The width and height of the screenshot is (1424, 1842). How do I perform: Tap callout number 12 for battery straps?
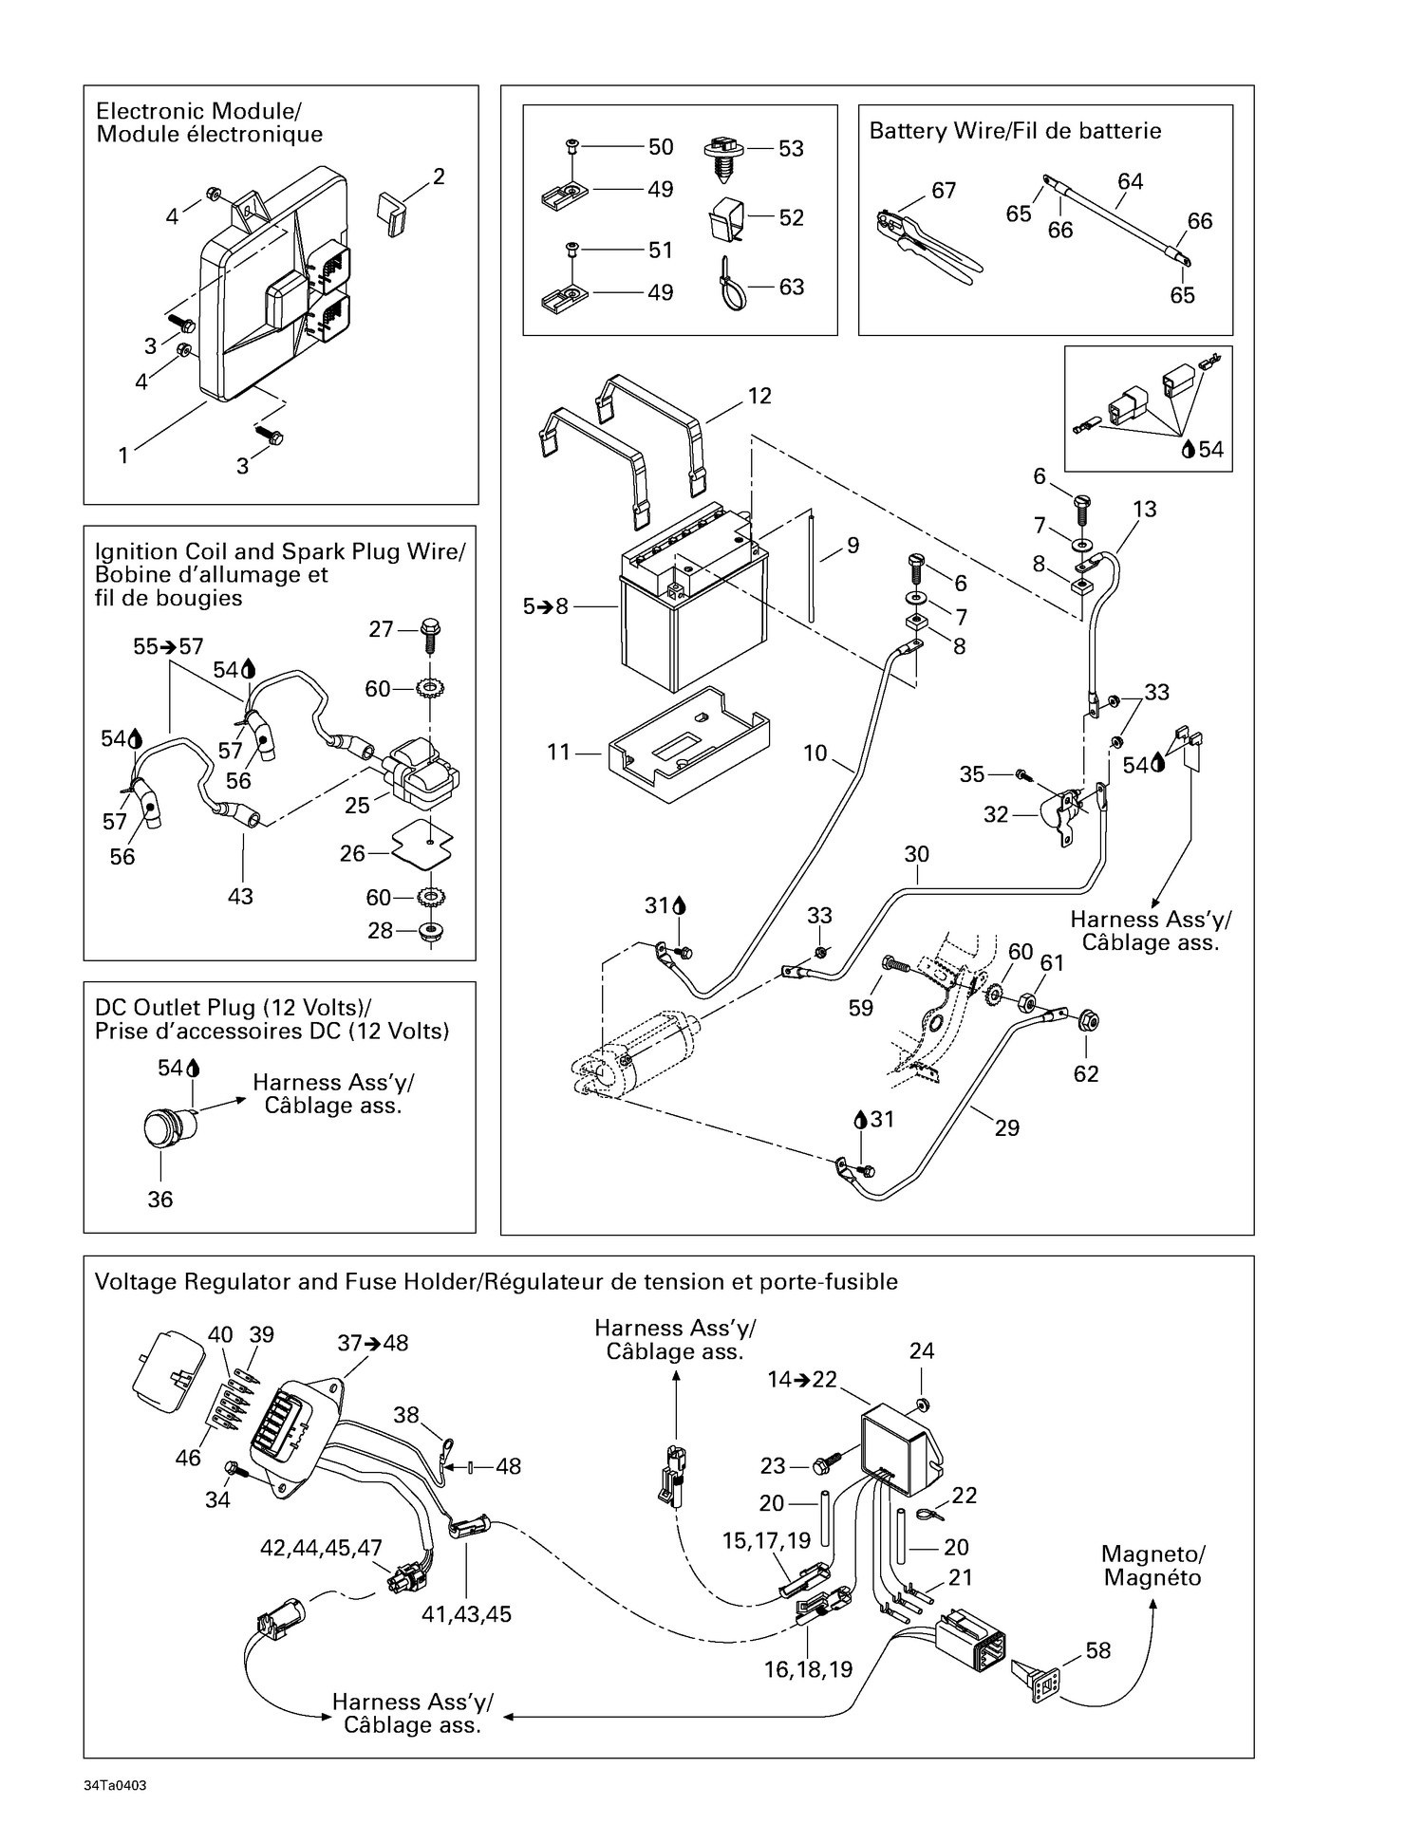click(759, 396)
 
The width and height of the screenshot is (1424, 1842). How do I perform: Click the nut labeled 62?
click(1089, 1022)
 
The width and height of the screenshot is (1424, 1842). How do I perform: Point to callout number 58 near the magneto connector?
click(1097, 1650)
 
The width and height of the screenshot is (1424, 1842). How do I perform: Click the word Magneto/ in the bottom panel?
click(1152, 1554)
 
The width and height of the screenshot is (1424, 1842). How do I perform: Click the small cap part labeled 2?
click(392, 213)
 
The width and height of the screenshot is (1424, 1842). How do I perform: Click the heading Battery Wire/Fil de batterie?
click(1015, 131)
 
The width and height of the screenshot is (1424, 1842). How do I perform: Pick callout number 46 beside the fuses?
click(188, 1457)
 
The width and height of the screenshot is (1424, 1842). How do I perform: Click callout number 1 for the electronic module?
click(123, 456)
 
